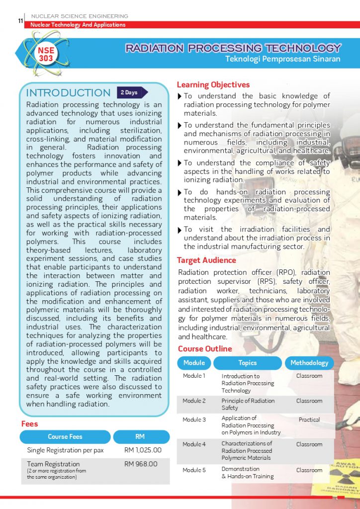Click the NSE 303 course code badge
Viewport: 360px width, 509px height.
[x=46, y=54]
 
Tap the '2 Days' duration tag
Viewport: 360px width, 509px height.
[x=130, y=92]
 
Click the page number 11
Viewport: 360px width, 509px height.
[x=20, y=20]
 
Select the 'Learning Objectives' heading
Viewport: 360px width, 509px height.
[x=213, y=85]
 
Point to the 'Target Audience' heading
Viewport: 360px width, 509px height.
[x=206, y=260]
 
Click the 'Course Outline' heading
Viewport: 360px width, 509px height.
[x=204, y=348]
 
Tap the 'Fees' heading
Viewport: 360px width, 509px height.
[x=29, y=424]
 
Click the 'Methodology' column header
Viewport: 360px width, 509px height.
[x=309, y=363]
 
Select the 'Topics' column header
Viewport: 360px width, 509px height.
[x=247, y=363]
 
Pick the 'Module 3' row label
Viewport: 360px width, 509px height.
[x=194, y=420]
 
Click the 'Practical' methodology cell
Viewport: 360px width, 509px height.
[x=309, y=420]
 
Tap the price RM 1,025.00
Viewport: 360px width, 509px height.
[x=143, y=450]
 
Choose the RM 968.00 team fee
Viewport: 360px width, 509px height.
[x=141, y=464]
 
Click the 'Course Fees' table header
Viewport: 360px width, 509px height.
[x=65, y=436]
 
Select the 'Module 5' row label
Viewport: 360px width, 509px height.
[x=194, y=470]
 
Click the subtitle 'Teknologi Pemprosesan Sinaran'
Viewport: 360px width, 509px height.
[x=282, y=59]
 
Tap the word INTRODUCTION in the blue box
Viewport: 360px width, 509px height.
[x=68, y=93]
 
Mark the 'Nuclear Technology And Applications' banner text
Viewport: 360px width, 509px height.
[x=78, y=25]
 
